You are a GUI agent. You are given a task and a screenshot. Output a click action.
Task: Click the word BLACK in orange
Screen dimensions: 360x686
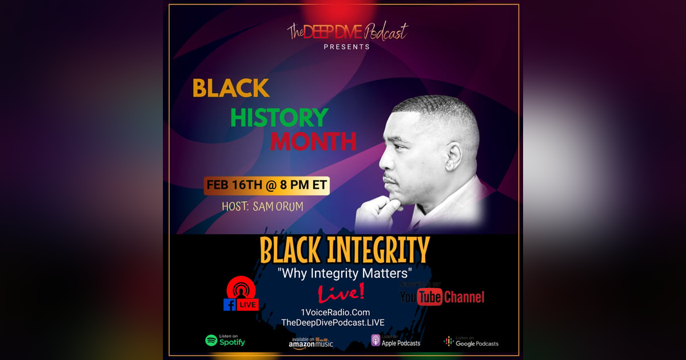[x=231, y=88]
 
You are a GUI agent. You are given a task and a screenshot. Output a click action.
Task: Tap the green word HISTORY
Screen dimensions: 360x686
[x=279, y=117]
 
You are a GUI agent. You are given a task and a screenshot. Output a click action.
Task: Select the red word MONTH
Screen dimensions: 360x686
[x=313, y=141]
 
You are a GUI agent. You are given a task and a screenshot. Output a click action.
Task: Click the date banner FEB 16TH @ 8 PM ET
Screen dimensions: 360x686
[x=267, y=186]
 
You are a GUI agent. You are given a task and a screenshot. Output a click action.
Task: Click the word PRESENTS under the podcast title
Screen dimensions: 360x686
[x=346, y=47]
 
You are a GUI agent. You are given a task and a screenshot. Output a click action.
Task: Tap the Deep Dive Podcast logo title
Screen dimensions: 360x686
[x=348, y=32]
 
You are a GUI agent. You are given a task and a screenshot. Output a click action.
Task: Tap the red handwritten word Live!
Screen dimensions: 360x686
[x=341, y=293]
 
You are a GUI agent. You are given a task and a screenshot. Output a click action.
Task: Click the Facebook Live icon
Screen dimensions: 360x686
[x=241, y=294]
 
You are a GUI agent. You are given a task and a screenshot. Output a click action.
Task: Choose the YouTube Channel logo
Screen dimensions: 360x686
[x=442, y=297]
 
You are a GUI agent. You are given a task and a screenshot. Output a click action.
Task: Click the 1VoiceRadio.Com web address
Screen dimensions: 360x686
[x=335, y=312]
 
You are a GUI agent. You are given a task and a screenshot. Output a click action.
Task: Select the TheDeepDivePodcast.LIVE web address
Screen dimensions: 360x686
[x=333, y=323]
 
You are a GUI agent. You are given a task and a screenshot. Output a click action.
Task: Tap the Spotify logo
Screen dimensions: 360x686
[x=225, y=341]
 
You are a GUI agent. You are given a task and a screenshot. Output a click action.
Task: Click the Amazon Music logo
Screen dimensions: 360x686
[x=311, y=342]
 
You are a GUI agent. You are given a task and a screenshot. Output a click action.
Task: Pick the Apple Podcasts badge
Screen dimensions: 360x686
[x=396, y=341]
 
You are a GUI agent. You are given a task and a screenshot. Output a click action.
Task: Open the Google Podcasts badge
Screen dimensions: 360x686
[x=471, y=341]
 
